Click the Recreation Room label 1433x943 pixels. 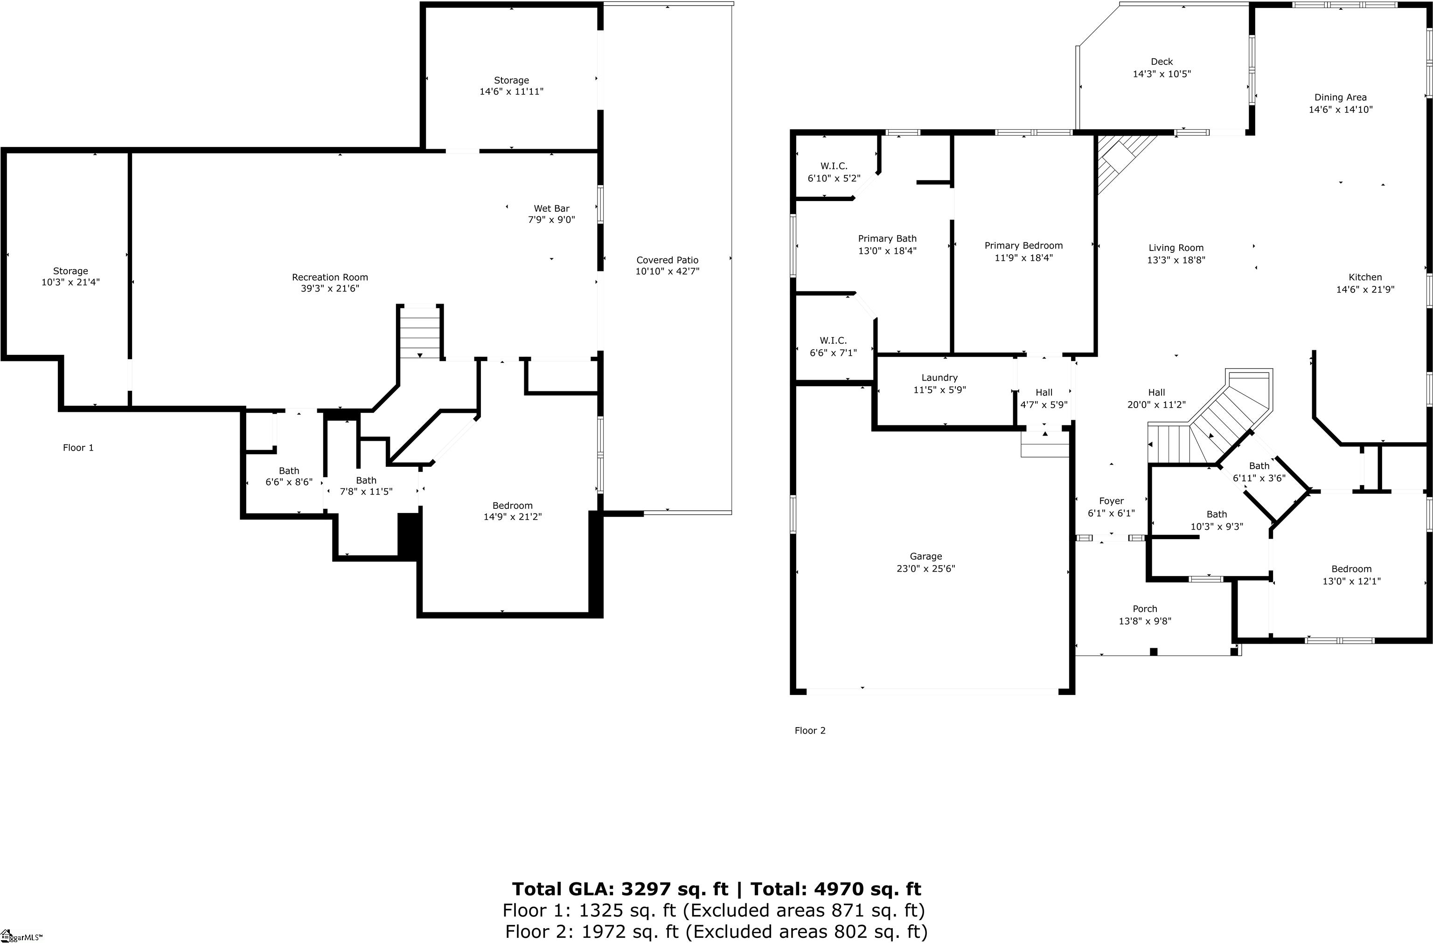pos(329,277)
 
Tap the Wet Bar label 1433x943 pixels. pos(551,209)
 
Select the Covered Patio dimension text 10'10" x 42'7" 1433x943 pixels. pos(667,271)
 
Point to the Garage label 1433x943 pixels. pos(925,557)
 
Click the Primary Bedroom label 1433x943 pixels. pos(1023,245)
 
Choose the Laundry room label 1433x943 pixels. pos(939,378)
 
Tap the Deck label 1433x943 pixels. pos(1162,62)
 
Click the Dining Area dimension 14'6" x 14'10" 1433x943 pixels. pos(1340,110)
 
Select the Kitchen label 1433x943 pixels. pos(1365,277)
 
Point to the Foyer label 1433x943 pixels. pos(1111,501)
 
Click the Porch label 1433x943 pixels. pos(1145,609)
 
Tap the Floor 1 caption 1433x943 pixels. pos(78,448)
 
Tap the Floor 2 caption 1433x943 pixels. pos(810,731)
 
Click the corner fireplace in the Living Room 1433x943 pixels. pos(1120,159)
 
